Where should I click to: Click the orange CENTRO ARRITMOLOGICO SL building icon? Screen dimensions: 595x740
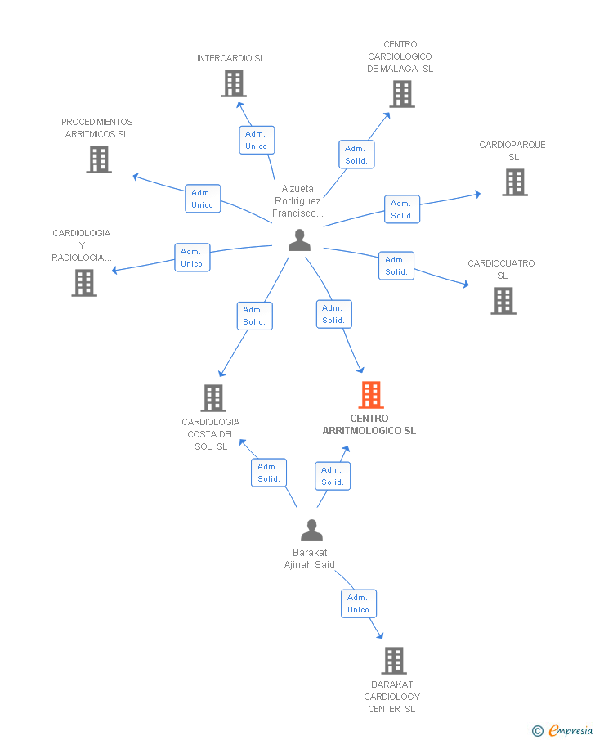click(x=371, y=395)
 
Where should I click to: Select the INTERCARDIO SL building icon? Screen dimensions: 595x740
click(x=234, y=83)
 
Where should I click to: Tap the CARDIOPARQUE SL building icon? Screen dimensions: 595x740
click(x=515, y=182)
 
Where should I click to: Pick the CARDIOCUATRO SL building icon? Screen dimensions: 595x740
click(x=503, y=301)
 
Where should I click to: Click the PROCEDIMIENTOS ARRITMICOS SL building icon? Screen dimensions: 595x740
click(x=99, y=159)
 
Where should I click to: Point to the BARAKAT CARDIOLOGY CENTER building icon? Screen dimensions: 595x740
click(x=394, y=660)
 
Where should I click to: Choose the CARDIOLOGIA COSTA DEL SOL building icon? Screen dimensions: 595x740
click(x=213, y=398)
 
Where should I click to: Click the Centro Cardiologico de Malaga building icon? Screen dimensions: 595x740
click(x=402, y=94)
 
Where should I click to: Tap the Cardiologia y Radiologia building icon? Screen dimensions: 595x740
click(x=84, y=283)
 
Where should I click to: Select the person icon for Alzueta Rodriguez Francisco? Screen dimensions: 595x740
click(x=300, y=240)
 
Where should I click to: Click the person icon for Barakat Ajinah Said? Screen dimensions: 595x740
click(x=312, y=530)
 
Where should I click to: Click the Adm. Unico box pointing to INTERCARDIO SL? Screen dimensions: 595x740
click(x=257, y=140)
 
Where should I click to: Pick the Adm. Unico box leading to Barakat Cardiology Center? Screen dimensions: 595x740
click(x=359, y=603)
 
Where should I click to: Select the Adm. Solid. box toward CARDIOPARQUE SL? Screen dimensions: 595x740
click(x=402, y=209)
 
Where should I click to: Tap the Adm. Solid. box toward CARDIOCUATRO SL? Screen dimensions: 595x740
click(x=396, y=266)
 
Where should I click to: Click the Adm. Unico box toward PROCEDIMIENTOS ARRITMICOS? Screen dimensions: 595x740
click(x=203, y=199)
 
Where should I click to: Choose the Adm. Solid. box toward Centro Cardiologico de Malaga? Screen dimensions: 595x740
click(x=356, y=155)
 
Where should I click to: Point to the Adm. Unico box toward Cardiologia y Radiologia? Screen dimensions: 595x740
click(x=192, y=258)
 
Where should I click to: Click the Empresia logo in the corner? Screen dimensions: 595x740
click(x=562, y=730)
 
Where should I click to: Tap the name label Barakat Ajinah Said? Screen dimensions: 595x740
click(x=310, y=558)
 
